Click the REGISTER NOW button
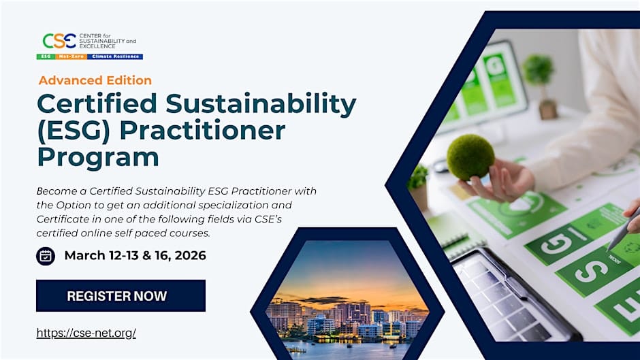[x=121, y=296]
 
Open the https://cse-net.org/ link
[x=86, y=333]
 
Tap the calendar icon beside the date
[x=46, y=256]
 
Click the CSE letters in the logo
[x=59, y=41]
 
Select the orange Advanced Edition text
[x=95, y=80]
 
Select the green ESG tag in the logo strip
[x=46, y=56]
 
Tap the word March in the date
[x=86, y=256]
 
